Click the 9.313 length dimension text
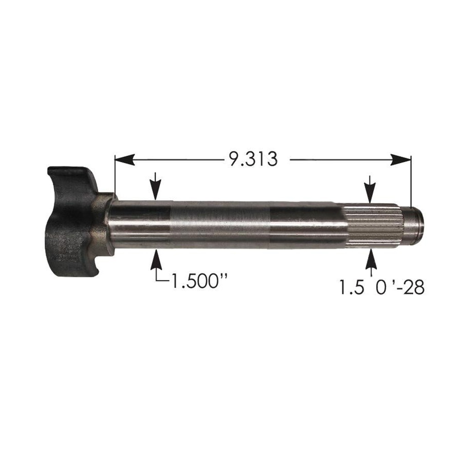point(251,160)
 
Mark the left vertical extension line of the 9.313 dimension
point(114,178)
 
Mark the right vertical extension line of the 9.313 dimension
point(411,183)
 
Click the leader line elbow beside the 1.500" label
point(157,280)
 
